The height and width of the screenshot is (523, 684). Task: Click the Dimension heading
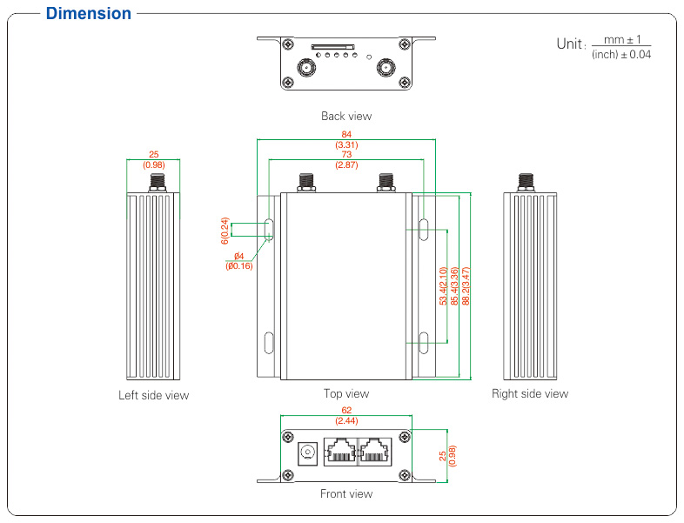[x=89, y=14]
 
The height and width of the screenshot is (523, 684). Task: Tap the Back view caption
[x=346, y=116]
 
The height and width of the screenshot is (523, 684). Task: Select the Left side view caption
[x=153, y=395]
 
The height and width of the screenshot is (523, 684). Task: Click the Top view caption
[x=346, y=393]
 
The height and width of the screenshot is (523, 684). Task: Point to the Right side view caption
[x=530, y=393]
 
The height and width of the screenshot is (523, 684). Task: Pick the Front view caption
[x=346, y=493]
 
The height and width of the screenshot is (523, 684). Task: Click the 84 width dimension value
[x=346, y=135]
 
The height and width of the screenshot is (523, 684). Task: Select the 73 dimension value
[x=346, y=155]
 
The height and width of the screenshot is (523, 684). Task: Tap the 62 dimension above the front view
[x=346, y=410]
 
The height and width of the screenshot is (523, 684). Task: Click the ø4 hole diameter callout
[x=238, y=256]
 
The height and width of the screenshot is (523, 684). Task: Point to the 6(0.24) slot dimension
[x=225, y=229]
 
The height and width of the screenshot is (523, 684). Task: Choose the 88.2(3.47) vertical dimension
[x=466, y=285]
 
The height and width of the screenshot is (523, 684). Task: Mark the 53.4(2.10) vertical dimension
[x=443, y=285]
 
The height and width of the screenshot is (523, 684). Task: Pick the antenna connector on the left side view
[x=158, y=183]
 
